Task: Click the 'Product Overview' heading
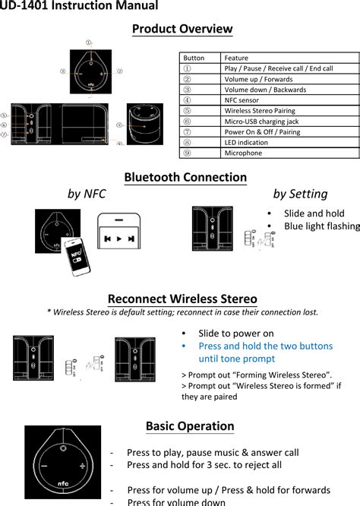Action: tap(182, 29)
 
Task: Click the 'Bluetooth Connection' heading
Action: tap(185, 177)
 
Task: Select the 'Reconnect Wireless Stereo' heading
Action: tap(182, 299)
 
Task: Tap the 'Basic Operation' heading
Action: tap(190, 425)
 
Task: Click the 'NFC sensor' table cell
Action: tap(242, 100)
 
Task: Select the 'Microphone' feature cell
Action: tap(243, 153)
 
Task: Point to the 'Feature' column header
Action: tap(236, 58)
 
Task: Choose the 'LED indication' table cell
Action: tap(245, 142)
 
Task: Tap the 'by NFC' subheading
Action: tap(87, 194)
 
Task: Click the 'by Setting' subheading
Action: tap(300, 194)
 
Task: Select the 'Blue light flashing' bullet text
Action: tap(321, 226)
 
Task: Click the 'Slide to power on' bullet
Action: tap(235, 334)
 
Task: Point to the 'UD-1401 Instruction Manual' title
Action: tap(79, 6)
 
